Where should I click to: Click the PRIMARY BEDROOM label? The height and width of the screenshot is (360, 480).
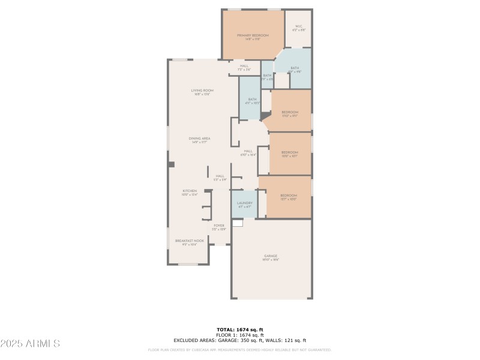point(252,35)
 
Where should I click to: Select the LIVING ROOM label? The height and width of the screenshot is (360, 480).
point(202,91)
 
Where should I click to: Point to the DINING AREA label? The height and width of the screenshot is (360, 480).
point(200,139)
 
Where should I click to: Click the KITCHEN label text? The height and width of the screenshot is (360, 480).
point(190,191)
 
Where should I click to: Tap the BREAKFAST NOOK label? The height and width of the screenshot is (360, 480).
point(190,241)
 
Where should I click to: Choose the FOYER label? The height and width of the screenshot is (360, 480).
point(219,226)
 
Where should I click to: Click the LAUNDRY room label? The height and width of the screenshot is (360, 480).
point(244,203)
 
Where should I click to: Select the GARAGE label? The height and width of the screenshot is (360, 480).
point(270,256)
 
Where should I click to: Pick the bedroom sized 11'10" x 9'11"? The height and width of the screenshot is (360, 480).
point(290,112)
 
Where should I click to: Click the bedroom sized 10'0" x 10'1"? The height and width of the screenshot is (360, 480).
point(290,152)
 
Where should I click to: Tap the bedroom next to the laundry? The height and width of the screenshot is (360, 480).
point(289,196)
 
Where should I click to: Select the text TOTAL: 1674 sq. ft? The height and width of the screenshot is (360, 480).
point(240,329)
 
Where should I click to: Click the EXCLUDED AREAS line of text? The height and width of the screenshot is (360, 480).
point(240,340)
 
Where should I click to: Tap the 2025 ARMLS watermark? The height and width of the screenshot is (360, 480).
point(30,344)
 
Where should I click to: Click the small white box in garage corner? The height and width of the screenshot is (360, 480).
point(237,223)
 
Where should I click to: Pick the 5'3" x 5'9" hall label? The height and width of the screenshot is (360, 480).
point(220,176)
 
